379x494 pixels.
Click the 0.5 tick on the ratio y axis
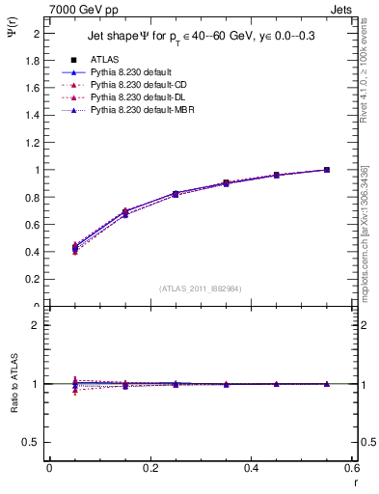pyautogui.click(x=35, y=442)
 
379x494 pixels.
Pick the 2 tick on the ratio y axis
pyautogui.click(x=39, y=325)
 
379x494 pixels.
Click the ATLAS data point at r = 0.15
pyautogui.click(x=125, y=211)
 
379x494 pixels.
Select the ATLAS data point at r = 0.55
pyautogui.click(x=327, y=170)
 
